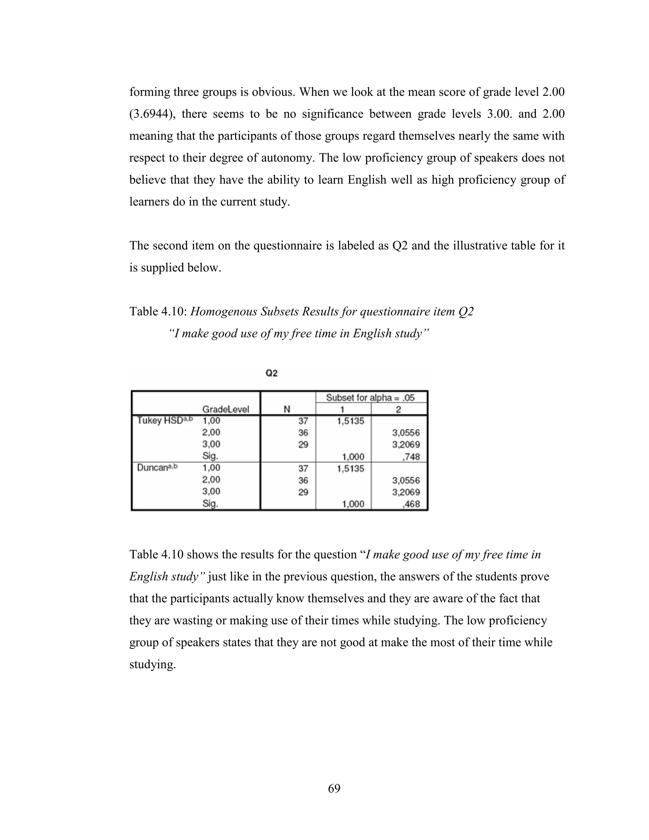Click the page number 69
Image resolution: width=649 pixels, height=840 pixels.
pyautogui.click(x=334, y=788)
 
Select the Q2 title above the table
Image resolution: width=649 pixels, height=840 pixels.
pyautogui.click(x=272, y=373)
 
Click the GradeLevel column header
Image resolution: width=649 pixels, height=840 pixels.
pyautogui.click(x=226, y=409)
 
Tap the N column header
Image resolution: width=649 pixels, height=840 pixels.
pyautogui.click(x=287, y=409)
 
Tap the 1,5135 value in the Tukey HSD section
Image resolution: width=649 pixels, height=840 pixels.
pyautogui.click(x=350, y=421)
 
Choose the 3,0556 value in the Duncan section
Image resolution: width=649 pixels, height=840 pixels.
pyautogui.click(x=406, y=480)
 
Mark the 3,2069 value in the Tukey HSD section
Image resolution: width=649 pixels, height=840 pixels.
pyautogui.click(x=406, y=445)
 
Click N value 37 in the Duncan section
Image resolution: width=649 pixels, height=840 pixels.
pyautogui.click(x=303, y=468)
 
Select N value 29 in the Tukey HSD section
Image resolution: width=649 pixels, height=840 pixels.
pyautogui.click(x=303, y=445)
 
